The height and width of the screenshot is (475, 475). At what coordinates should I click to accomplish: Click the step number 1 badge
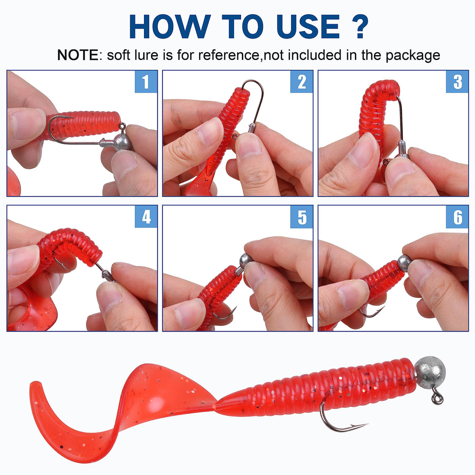146,82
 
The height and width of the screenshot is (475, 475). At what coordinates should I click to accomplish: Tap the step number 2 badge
302,82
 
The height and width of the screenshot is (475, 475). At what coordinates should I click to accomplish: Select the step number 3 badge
457,82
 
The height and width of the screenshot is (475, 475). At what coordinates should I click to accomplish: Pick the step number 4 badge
146,217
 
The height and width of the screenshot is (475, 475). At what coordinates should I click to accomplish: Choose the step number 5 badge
302,217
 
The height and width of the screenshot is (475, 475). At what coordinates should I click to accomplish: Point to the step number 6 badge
457,217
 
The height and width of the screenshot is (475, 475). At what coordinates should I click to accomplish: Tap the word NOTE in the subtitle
78,55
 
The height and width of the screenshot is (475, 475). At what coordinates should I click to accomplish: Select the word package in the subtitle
413,56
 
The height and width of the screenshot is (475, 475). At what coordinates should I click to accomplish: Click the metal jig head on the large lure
429,370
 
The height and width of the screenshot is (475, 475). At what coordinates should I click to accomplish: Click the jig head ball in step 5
246,260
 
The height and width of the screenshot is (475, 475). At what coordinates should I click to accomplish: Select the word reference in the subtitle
227,55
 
